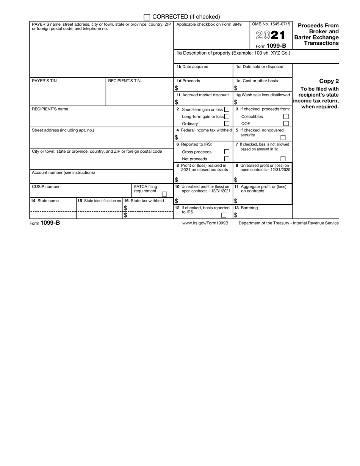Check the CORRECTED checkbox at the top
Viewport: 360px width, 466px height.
click(x=147, y=17)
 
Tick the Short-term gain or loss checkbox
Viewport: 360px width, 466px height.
click(x=227, y=109)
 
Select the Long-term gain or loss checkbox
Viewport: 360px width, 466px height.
click(x=227, y=117)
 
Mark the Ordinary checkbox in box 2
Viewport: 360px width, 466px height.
click(x=227, y=124)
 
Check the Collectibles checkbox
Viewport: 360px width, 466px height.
click(x=286, y=117)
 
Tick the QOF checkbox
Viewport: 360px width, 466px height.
click(x=286, y=124)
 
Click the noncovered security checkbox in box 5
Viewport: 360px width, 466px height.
click(x=283, y=138)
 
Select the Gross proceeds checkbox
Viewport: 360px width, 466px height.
click(x=227, y=152)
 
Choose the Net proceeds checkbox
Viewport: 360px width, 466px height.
click(x=227, y=159)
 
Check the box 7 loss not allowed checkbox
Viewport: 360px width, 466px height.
click(x=283, y=159)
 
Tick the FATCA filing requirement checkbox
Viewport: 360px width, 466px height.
click(x=164, y=194)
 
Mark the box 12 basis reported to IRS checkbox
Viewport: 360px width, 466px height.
click(x=224, y=215)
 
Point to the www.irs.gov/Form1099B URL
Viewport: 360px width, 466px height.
click(x=205, y=223)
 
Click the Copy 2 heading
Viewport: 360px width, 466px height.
click(x=329, y=81)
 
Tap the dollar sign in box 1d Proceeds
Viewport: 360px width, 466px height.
click(x=176, y=88)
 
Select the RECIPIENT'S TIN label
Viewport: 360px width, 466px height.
click(x=124, y=81)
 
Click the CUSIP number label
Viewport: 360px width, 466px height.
click(x=45, y=186)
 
